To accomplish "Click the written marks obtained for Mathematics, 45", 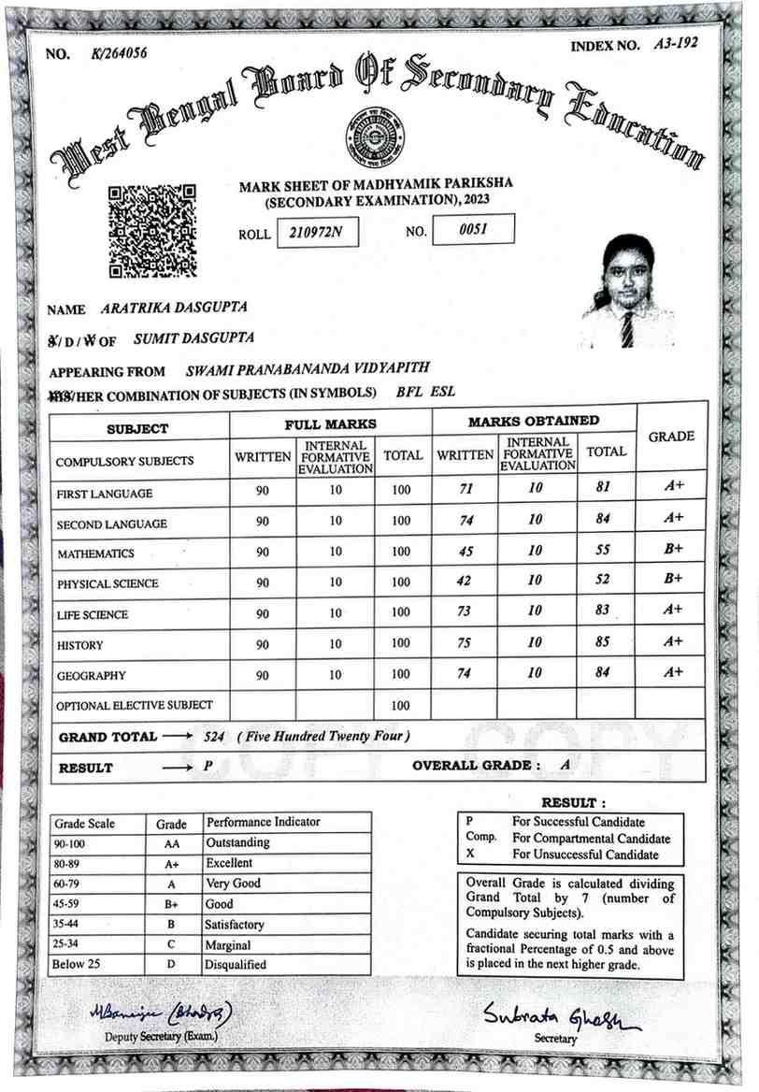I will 465,552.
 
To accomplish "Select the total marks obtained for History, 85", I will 606,642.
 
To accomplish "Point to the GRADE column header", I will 670,437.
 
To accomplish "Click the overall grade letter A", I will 565,765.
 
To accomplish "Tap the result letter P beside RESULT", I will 208,766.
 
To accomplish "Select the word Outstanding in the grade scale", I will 237,843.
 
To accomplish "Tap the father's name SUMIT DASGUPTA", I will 194,338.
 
